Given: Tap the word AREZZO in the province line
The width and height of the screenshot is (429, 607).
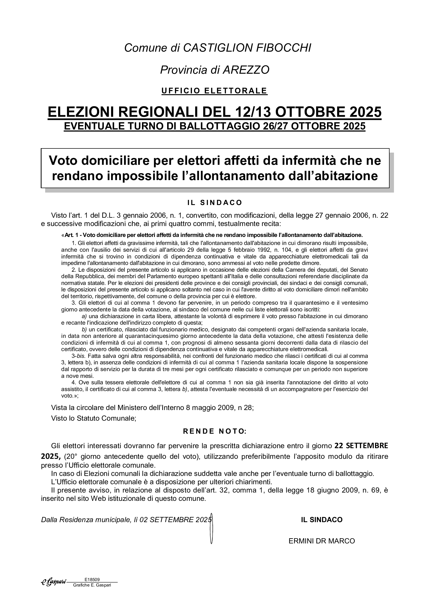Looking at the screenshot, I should coord(246,70).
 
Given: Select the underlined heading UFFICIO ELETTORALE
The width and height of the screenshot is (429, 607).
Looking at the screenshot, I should coord(214,91).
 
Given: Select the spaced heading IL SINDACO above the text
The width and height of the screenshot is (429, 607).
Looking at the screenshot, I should coord(215,202).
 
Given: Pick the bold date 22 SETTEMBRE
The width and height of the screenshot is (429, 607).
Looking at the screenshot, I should coord(361,446).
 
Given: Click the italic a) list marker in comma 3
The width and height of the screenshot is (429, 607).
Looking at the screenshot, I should coord(84,316).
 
